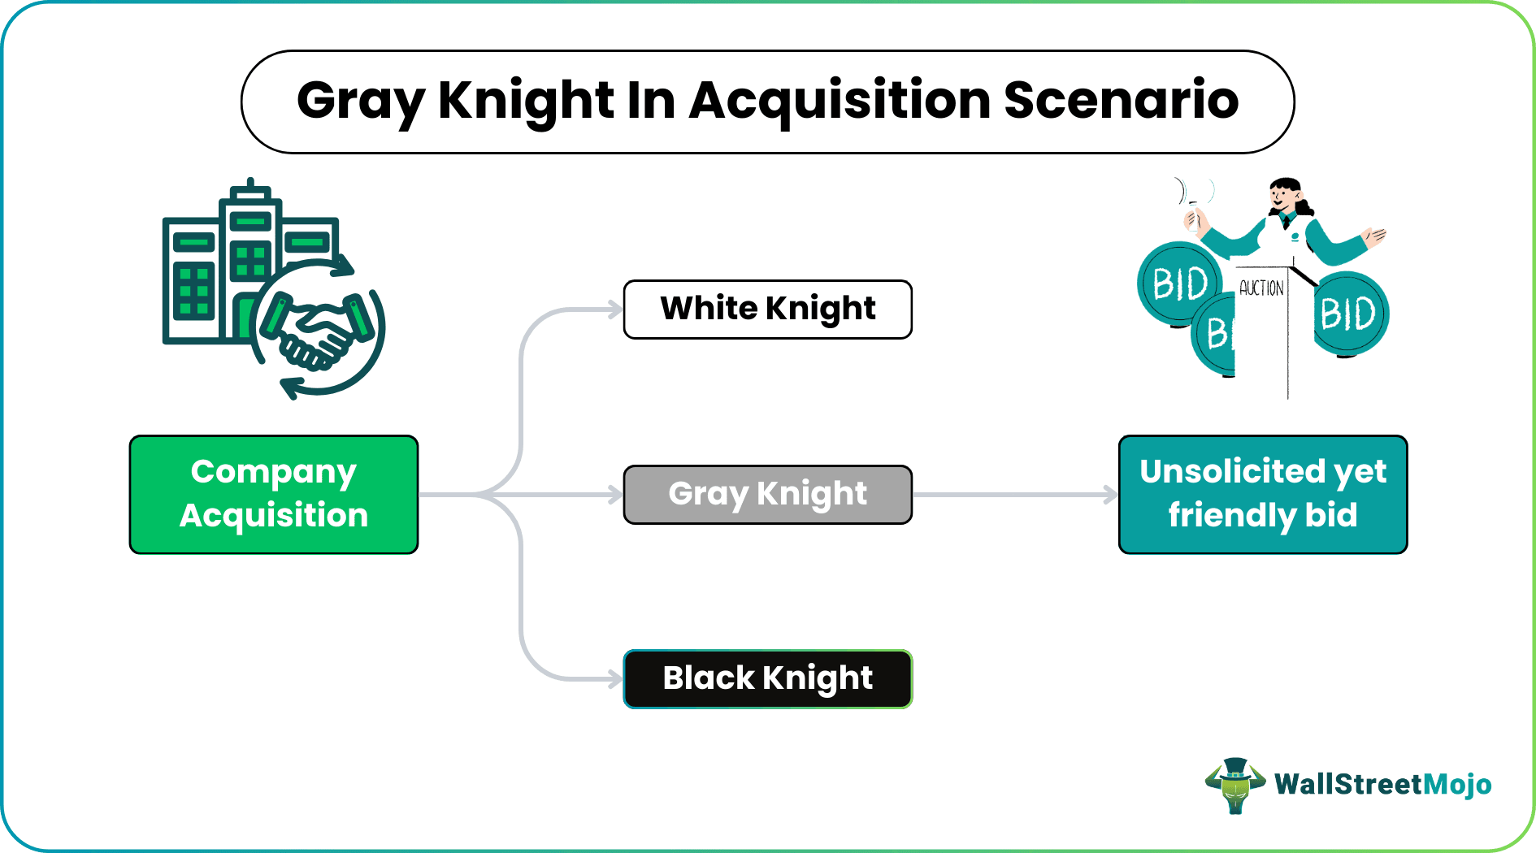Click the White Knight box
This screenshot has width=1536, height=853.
[767, 310]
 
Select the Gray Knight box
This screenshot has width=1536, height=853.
[767, 494]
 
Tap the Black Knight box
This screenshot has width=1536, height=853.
[767, 678]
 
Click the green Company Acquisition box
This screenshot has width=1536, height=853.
[274, 494]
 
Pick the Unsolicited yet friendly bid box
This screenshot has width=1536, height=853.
[1262, 494]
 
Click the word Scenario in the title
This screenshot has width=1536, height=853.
[1121, 101]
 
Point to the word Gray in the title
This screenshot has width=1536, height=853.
[361, 102]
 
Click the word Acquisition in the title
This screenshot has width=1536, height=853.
[840, 101]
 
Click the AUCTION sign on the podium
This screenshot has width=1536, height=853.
[1261, 288]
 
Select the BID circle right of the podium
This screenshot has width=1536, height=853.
[1349, 314]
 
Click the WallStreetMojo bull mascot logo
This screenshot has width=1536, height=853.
[1234, 785]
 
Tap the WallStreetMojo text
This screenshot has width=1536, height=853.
[1382, 785]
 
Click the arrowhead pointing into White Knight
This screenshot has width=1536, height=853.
[614, 310]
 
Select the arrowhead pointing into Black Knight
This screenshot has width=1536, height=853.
[614, 678]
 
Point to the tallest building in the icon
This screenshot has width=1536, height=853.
[250, 260]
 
